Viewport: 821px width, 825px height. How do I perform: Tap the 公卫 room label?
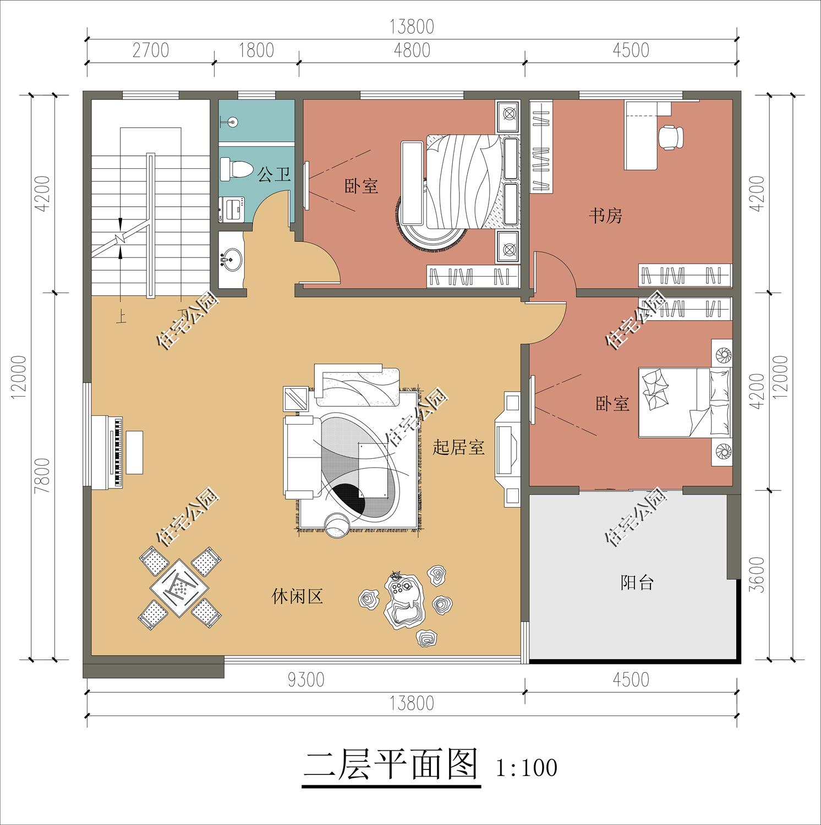[x=274, y=176]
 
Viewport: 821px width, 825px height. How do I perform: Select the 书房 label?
[x=605, y=216]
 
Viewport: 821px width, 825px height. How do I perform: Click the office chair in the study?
[x=671, y=137]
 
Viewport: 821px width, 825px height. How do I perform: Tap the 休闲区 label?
[x=297, y=596]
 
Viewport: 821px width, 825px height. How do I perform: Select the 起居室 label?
[x=458, y=448]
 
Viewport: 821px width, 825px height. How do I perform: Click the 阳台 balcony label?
[x=637, y=582]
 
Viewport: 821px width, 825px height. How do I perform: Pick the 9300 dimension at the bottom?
[x=306, y=680]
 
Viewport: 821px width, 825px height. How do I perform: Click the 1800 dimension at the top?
[x=256, y=50]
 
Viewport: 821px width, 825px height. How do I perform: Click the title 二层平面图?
[x=391, y=765]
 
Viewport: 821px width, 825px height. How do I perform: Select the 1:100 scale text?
[x=526, y=768]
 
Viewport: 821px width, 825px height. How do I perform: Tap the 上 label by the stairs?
[x=121, y=317]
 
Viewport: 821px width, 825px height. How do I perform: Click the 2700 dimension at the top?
[x=150, y=50]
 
